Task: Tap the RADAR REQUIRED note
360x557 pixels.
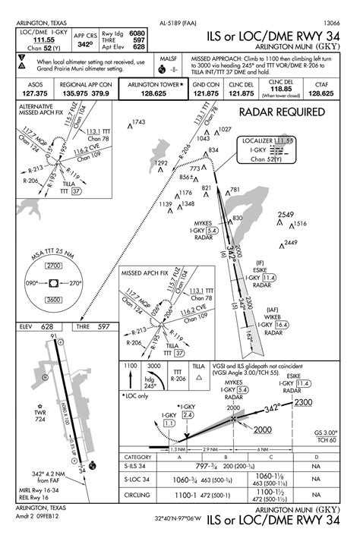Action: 282,112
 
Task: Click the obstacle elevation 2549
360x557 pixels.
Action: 285,216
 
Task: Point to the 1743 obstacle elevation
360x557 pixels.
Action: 137,122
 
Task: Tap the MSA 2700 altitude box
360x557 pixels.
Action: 53,266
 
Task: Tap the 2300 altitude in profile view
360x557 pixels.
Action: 304,402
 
